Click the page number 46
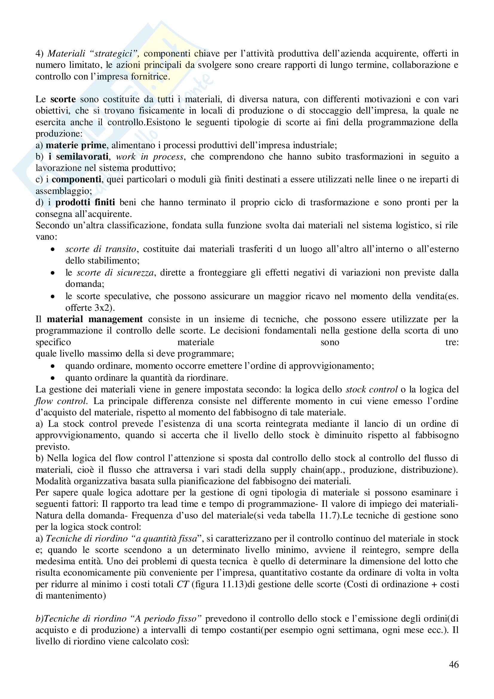click(454, 673)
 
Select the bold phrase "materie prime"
click(76, 145)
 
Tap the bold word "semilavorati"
click(82, 157)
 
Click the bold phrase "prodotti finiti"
click(85, 202)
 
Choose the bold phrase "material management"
click(95, 319)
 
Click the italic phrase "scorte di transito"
click(101, 249)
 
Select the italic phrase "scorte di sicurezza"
click(115, 273)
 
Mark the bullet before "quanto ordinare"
click(53, 378)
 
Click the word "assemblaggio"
click(63, 191)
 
